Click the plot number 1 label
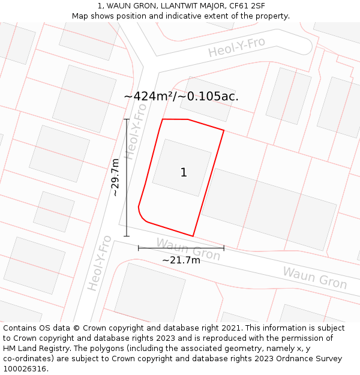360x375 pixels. [x=184, y=173]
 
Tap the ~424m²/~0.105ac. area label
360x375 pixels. [x=181, y=96]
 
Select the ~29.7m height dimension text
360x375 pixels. [x=116, y=178]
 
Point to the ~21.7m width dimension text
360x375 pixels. [x=181, y=260]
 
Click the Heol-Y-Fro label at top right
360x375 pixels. [x=236, y=47]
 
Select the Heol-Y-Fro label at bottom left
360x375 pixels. [x=100, y=263]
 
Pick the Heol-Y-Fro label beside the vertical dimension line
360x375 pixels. [x=137, y=135]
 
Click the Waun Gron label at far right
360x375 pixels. [x=314, y=278]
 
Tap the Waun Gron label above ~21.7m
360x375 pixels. [x=188, y=248]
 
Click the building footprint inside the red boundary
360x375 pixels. [x=182, y=168]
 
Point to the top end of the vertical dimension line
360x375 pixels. [x=127, y=119]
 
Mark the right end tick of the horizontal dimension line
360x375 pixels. [x=224, y=247]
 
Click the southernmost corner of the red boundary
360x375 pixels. [x=193, y=236]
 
